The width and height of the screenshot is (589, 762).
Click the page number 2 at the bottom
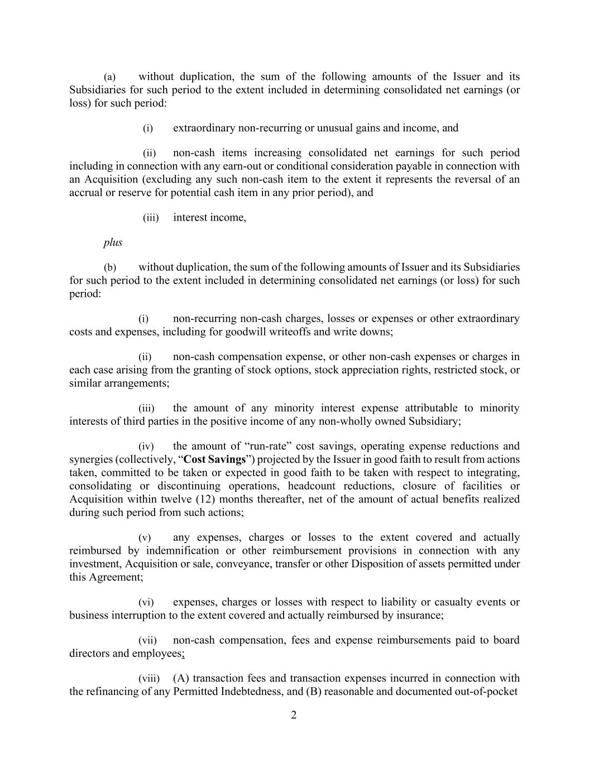[294, 715]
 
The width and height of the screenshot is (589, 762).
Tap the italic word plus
[113, 242]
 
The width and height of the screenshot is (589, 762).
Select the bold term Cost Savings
[215, 459]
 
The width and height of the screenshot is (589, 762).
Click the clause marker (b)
[110, 267]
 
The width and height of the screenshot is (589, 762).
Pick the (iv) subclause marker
[146, 446]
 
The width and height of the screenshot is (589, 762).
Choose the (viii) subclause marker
[149, 678]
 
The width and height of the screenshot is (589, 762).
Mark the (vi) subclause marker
[146, 602]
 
